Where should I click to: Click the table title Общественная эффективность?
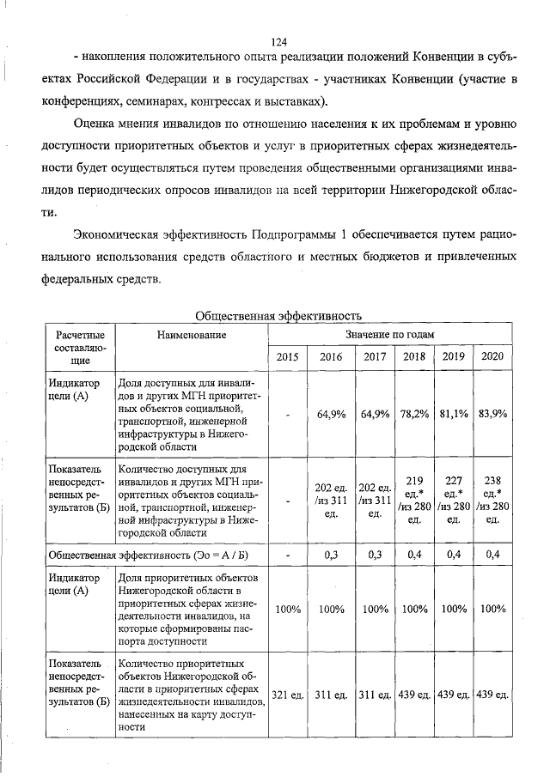[278, 315]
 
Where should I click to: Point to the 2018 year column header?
[413, 356]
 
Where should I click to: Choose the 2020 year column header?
[492, 356]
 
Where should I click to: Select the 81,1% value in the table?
[453, 414]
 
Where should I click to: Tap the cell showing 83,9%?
[493, 414]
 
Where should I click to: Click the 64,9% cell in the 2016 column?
[331, 414]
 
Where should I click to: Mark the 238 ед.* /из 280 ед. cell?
[492, 501]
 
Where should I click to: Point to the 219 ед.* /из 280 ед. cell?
[413, 501]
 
